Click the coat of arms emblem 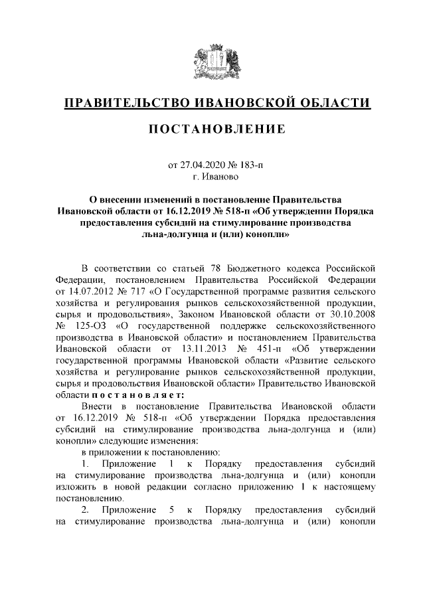[x=212, y=60]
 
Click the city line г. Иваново [x=212, y=176]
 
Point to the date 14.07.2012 [x=94, y=291]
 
